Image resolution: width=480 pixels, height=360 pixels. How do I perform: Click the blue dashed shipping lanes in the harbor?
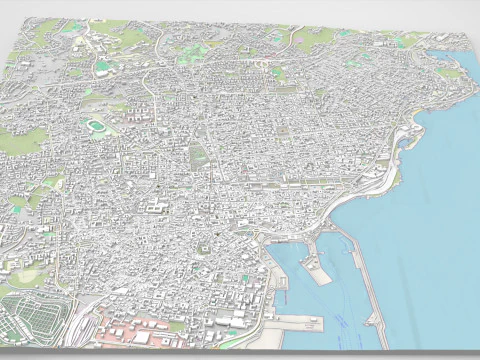[x=340, y=320]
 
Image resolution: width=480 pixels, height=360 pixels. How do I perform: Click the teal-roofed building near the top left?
[x=102, y=67]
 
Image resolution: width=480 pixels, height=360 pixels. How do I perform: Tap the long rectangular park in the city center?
[x=198, y=155]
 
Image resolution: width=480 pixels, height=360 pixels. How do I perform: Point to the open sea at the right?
[x=440, y=220]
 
